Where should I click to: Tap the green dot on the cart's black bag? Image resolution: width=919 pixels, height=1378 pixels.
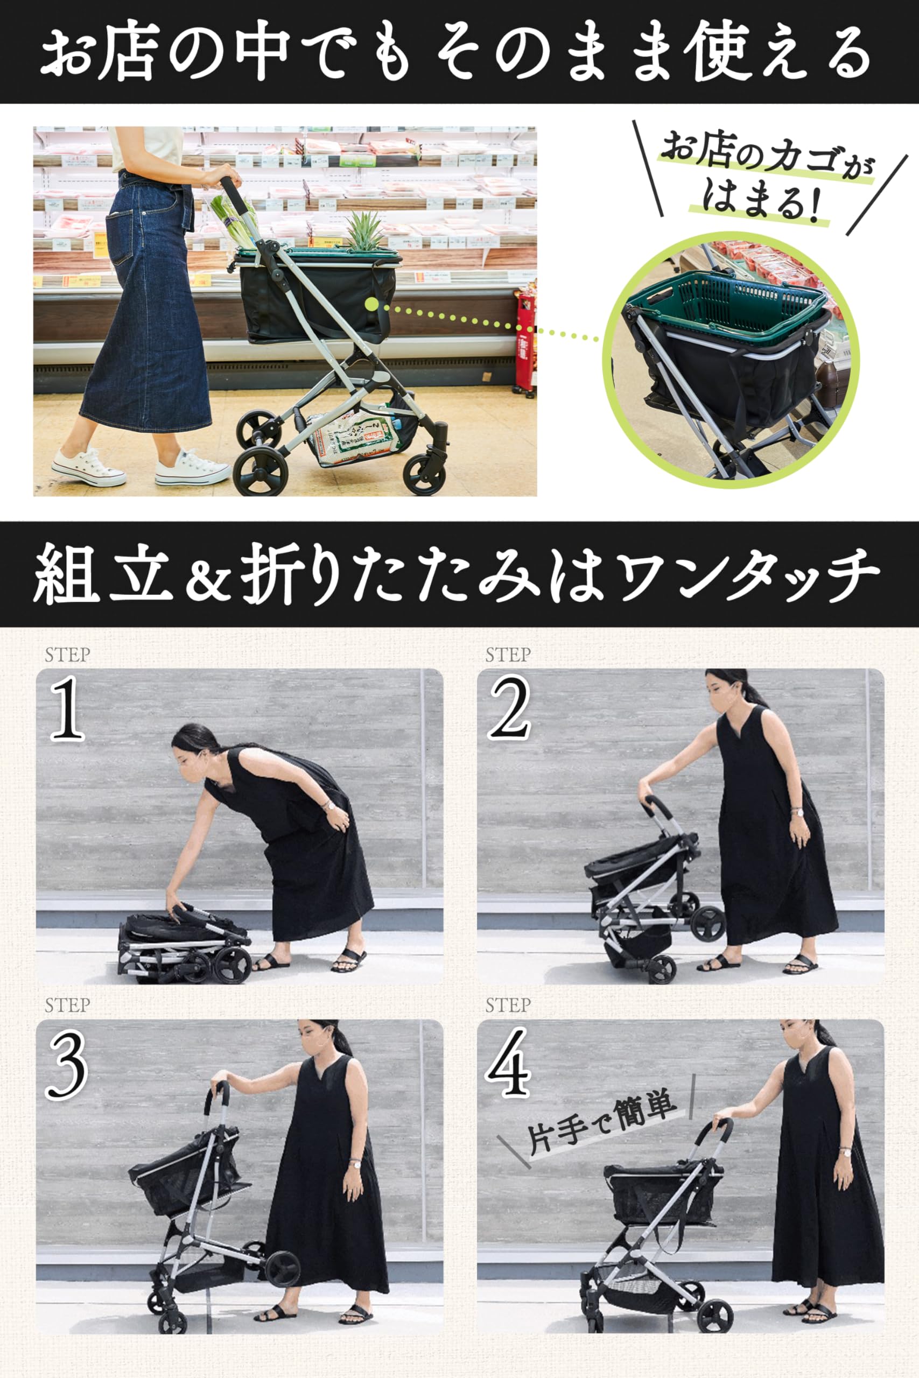[x=371, y=304]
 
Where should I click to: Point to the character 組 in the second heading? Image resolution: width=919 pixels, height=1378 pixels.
[x=65, y=574]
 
